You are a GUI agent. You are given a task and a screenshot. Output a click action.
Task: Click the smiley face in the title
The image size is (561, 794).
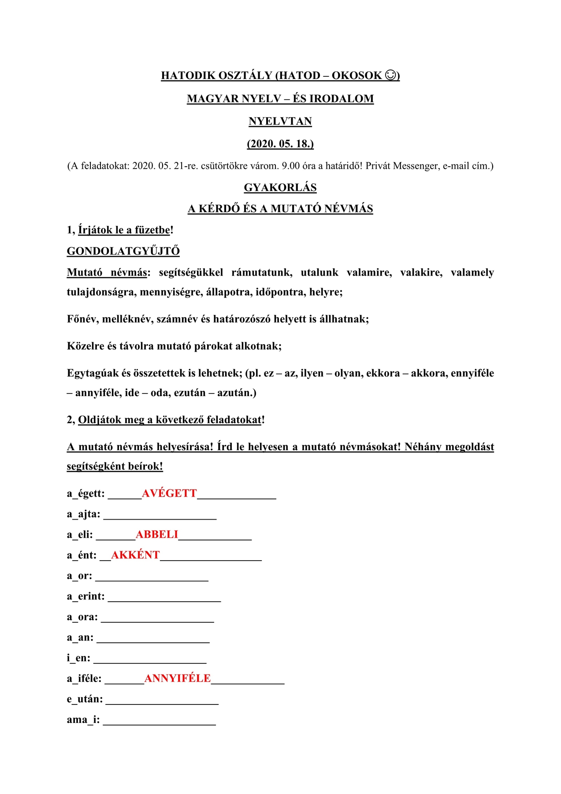click(x=390, y=75)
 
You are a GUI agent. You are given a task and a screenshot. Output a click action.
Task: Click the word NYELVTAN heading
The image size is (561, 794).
click(x=280, y=121)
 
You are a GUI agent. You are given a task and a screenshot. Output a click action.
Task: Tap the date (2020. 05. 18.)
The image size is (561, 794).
click(x=280, y=144)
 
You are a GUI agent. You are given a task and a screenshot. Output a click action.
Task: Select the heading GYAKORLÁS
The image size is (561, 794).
click(x=280, y=187)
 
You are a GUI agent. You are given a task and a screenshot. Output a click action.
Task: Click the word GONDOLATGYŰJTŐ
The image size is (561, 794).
click(x=123, y=251)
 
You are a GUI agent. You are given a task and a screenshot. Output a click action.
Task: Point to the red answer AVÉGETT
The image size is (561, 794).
click(x=169, y=493)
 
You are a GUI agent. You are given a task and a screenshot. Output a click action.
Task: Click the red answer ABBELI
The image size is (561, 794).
click(x=157, y=535)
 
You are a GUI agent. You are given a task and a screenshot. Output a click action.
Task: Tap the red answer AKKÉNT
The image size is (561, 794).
click(x=135, y=555)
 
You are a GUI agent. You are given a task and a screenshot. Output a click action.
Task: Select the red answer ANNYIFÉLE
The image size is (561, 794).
click(x=178, y=678)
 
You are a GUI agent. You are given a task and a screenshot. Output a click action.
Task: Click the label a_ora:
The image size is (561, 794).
click(x=82, y=617)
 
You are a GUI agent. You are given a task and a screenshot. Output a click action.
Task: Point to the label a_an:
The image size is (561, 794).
click(x=80, y=637)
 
